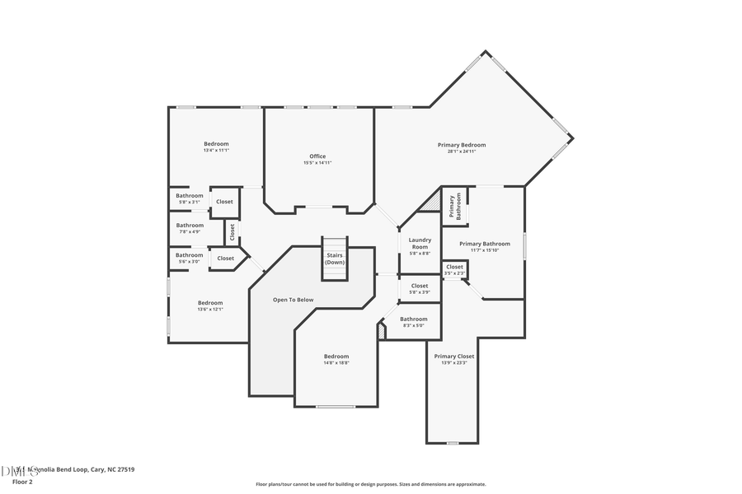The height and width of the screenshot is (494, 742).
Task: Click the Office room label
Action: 317,156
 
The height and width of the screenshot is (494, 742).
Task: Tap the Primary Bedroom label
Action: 462,145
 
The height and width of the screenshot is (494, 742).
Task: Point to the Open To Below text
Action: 294,300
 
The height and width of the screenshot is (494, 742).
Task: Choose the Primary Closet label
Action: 454,357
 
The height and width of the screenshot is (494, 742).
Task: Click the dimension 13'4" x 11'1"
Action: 216,151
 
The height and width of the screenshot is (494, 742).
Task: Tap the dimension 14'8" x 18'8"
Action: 336,363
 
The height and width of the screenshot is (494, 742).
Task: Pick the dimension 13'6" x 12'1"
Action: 210,310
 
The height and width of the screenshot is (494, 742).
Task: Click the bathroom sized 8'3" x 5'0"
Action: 414,319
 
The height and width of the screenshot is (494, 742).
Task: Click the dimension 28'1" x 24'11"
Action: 462,151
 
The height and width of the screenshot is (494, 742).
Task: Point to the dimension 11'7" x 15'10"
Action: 485,250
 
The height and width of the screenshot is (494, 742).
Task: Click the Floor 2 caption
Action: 21,482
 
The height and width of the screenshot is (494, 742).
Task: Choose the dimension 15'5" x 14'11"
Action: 317,163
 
